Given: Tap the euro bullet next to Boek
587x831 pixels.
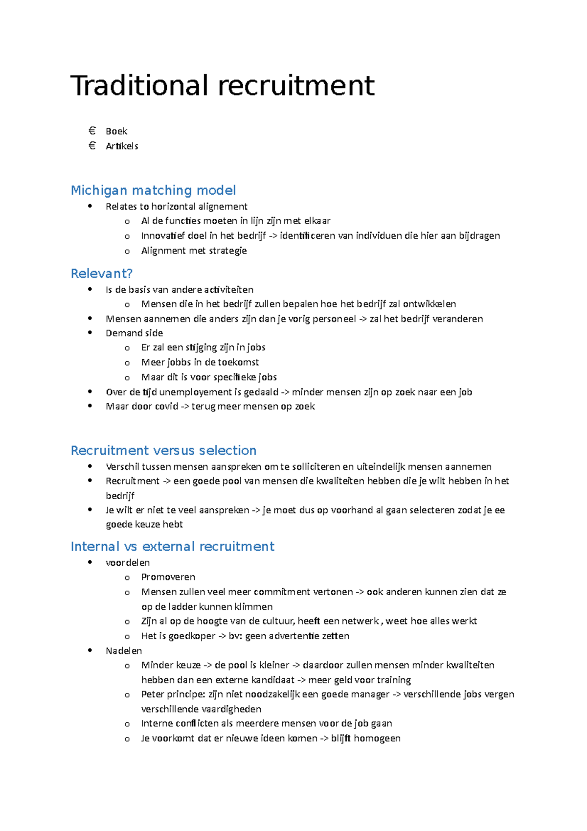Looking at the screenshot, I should (x=92, y=131).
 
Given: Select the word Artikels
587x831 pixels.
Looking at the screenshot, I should (x=122, y=146).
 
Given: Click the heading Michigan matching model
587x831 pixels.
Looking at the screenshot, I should (x=153, y=190).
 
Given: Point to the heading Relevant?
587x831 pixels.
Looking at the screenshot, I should (x=102, y=273).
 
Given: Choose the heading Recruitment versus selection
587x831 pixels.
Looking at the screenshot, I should (x=163, y=450).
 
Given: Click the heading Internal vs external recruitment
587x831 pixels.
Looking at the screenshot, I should (x=172, y=546).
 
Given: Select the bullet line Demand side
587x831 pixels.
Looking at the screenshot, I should (x=134, y=333).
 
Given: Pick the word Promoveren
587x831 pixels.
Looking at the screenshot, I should (x=168, y=577).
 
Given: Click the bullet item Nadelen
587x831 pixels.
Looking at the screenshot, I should (x=124, y=650).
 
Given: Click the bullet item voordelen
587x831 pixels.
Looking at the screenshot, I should (x=128, y=562).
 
